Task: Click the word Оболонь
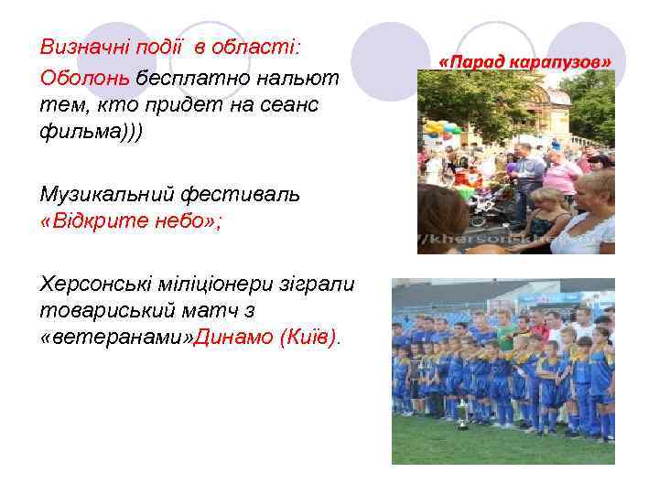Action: pos(85,77)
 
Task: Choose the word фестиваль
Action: pos(237,194)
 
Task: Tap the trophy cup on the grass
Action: pos(463,417)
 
